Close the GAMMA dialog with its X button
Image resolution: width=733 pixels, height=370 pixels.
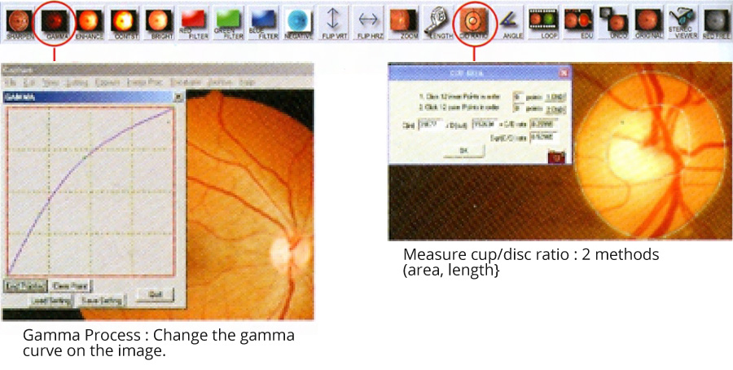(x=178, y=96)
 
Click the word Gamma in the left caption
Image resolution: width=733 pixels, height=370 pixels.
(x=47, y=336)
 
